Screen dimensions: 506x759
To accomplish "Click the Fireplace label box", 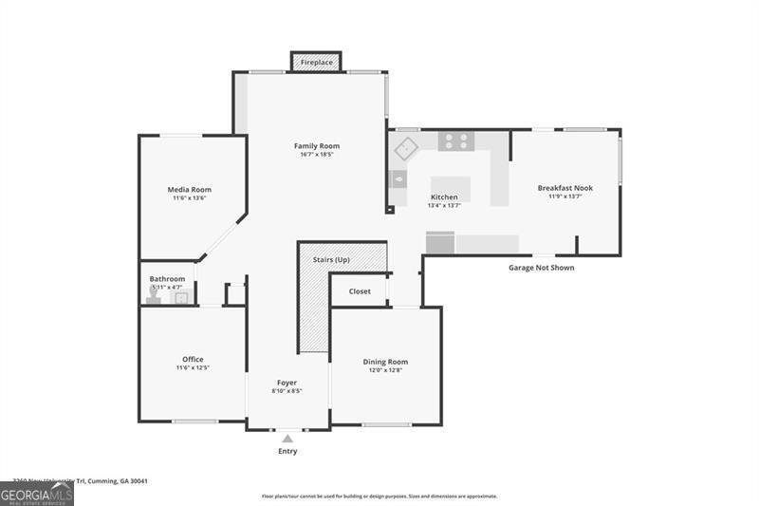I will [317, 63].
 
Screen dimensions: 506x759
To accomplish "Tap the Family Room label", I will [316, 146].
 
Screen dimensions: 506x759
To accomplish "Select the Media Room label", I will [189, 189].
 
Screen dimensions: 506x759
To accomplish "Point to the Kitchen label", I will [444, 197].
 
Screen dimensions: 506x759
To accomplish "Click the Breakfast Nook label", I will [565, 188].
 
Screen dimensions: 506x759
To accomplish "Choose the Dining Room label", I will [385, 362].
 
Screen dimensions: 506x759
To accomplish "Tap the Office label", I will [193, 359].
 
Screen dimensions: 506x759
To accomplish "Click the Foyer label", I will [287, 383].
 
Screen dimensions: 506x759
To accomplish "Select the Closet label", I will [360, 291].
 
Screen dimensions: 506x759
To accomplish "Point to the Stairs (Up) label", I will [331, 259].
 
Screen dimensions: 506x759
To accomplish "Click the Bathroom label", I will [167, 279].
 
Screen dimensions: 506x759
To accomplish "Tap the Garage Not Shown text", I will [541, 268].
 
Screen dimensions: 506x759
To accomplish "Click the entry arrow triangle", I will [287, 439].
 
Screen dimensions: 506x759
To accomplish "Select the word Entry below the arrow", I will [287, 451].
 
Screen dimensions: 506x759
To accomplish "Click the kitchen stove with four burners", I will [456, 141].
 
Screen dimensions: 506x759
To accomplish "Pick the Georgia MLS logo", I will [37, 494].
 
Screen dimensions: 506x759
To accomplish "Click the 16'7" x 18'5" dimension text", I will [316, 155].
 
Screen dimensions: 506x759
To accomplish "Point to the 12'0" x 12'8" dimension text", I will [385, 370].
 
